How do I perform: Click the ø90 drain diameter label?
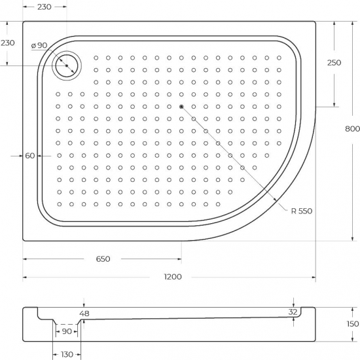(39, 45)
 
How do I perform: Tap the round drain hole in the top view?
(67, 66)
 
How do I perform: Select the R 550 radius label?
(302, 210)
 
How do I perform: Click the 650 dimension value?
(103, 259)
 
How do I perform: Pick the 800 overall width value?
(351, 128)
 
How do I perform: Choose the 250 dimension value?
(334, 62)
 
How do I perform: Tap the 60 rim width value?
(30, 156)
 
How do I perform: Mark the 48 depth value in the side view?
(84, 314)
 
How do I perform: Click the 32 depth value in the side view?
(293, 312)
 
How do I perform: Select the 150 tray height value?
(352, 323)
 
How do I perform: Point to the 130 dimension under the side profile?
(66, 354)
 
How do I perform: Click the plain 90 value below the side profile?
(66, 331)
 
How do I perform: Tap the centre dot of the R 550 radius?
(181, 107)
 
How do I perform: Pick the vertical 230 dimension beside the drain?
(8, 43)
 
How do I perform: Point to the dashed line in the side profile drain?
(66, 325)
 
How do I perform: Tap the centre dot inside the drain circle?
(67, 66)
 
